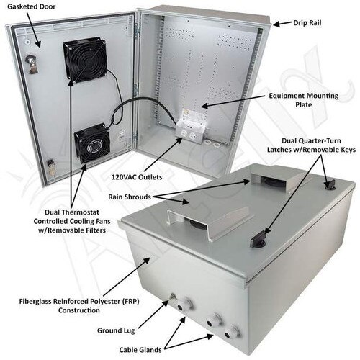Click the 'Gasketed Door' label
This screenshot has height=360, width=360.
tap(32, 6)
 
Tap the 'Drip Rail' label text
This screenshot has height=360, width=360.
tap(307, 23)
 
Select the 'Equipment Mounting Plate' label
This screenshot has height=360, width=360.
tap(304, 100)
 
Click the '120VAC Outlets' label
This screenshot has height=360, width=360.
tap(137, 177)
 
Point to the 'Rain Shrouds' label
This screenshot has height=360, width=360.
tap(130, 197)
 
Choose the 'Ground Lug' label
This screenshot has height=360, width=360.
tap(116, 330)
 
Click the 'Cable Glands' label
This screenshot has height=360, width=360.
tap(140, 350)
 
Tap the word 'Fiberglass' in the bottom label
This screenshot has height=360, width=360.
tap(35, 301)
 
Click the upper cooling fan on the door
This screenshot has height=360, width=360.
tap(85, 60)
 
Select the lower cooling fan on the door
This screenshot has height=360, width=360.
tap(92, 143)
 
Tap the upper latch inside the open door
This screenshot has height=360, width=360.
tap(32, 63)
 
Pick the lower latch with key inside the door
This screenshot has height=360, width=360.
tap(52, 168)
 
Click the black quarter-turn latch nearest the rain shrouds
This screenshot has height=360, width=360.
tap(258, 240)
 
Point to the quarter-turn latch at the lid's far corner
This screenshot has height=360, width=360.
tap(329, 185)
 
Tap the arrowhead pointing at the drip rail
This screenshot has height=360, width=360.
tap(276, 24)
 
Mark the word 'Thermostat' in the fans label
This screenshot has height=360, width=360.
tap(82, 212)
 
